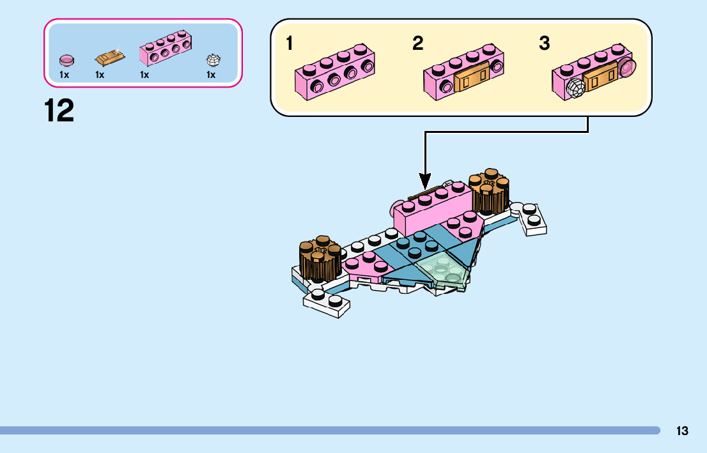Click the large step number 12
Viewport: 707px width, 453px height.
pyautogui.click(x=59, y=111)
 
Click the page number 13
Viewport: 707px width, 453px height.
pyautogui.click(x=682, y=431)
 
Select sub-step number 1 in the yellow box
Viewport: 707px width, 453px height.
pyautogui.click(x=290, y=43)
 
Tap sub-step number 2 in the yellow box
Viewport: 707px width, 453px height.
pyautogui.click(x=417, y=43)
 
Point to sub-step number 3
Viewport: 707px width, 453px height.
pyautogui.click(x=544, y=43)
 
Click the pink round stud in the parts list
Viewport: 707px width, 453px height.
pyautogui.click(x=66, y=60)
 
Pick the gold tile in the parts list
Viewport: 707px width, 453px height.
pyautogui.click(x=110, y=58)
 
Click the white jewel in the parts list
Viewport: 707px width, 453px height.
pyautogui.click(x=213, y=60)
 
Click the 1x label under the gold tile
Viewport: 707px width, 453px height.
pyautogui.click(x=100, y=75)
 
